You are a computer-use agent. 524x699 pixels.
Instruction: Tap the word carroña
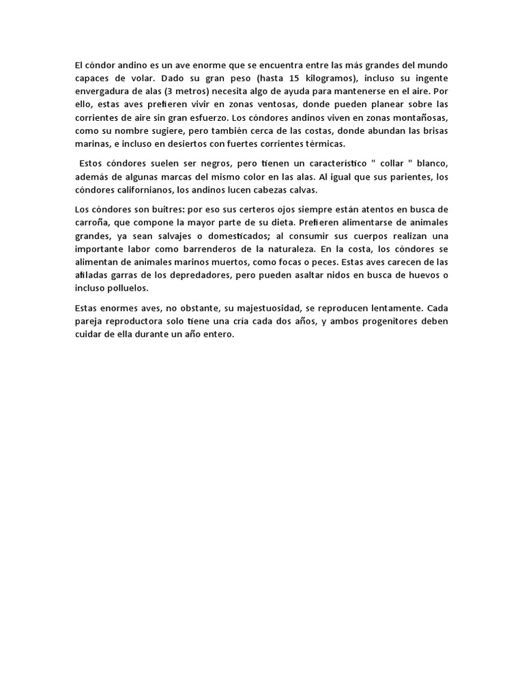click(x=92, y=223)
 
